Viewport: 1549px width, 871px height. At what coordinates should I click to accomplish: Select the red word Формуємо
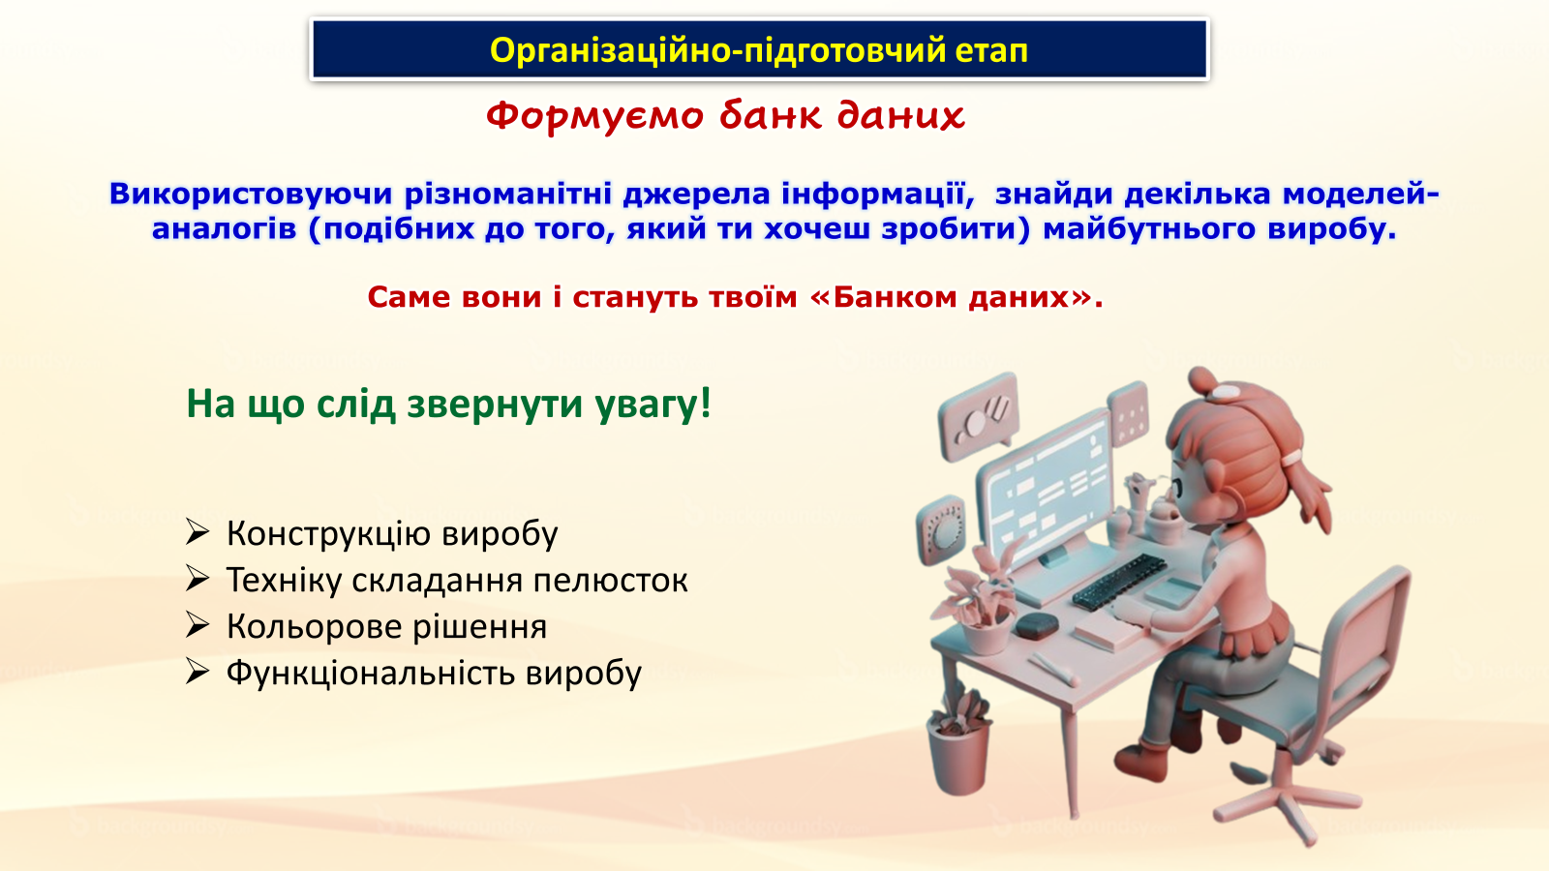click(594, 115)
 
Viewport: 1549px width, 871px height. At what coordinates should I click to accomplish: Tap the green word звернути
click(495, 405)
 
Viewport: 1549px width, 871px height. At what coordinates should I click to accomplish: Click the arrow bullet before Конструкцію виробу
click(197, 533)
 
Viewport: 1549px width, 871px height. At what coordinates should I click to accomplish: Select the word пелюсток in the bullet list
click(610, 581)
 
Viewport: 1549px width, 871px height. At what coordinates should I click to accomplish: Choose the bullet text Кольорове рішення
click(386, 627)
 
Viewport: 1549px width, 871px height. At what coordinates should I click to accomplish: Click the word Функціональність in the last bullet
click(371, 674)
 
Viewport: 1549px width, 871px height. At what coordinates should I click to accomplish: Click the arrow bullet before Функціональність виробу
click(197, 672)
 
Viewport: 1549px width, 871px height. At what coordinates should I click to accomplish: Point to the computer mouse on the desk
click(1037, 625)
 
